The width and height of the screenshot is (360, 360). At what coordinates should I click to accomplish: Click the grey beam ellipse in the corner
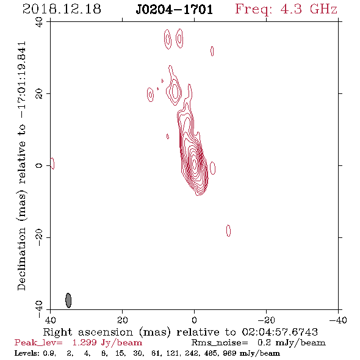(x=68, y=300)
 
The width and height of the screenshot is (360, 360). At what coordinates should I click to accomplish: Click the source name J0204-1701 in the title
(x=175, y=9)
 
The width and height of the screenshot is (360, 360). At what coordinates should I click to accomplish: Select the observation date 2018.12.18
(x=62, y=9)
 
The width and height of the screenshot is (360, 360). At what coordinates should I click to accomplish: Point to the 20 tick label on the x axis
(x=122, y=320)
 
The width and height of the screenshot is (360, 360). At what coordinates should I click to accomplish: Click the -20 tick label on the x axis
(x=266, y=320)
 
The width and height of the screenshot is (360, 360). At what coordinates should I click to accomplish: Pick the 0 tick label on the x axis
(x=194, y=320)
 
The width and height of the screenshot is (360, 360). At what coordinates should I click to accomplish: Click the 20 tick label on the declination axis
(x=39, y=94)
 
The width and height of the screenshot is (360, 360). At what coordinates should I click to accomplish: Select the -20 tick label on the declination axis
(x=39, y=237)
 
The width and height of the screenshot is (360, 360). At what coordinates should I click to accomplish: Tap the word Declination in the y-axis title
(x=21, y=259)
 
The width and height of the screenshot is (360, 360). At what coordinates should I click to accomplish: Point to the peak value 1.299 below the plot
(x=84, y=343)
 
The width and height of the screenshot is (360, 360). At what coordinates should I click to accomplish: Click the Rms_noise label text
(x=220, y=343)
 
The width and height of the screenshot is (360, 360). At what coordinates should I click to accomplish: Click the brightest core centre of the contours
(x=195, y=164)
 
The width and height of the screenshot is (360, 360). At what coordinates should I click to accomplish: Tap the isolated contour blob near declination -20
(x=228, y=231)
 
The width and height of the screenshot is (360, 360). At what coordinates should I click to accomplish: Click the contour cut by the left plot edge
(x=53, y=164)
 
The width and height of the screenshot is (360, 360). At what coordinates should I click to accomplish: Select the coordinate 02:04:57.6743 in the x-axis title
(x=279, y=332)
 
